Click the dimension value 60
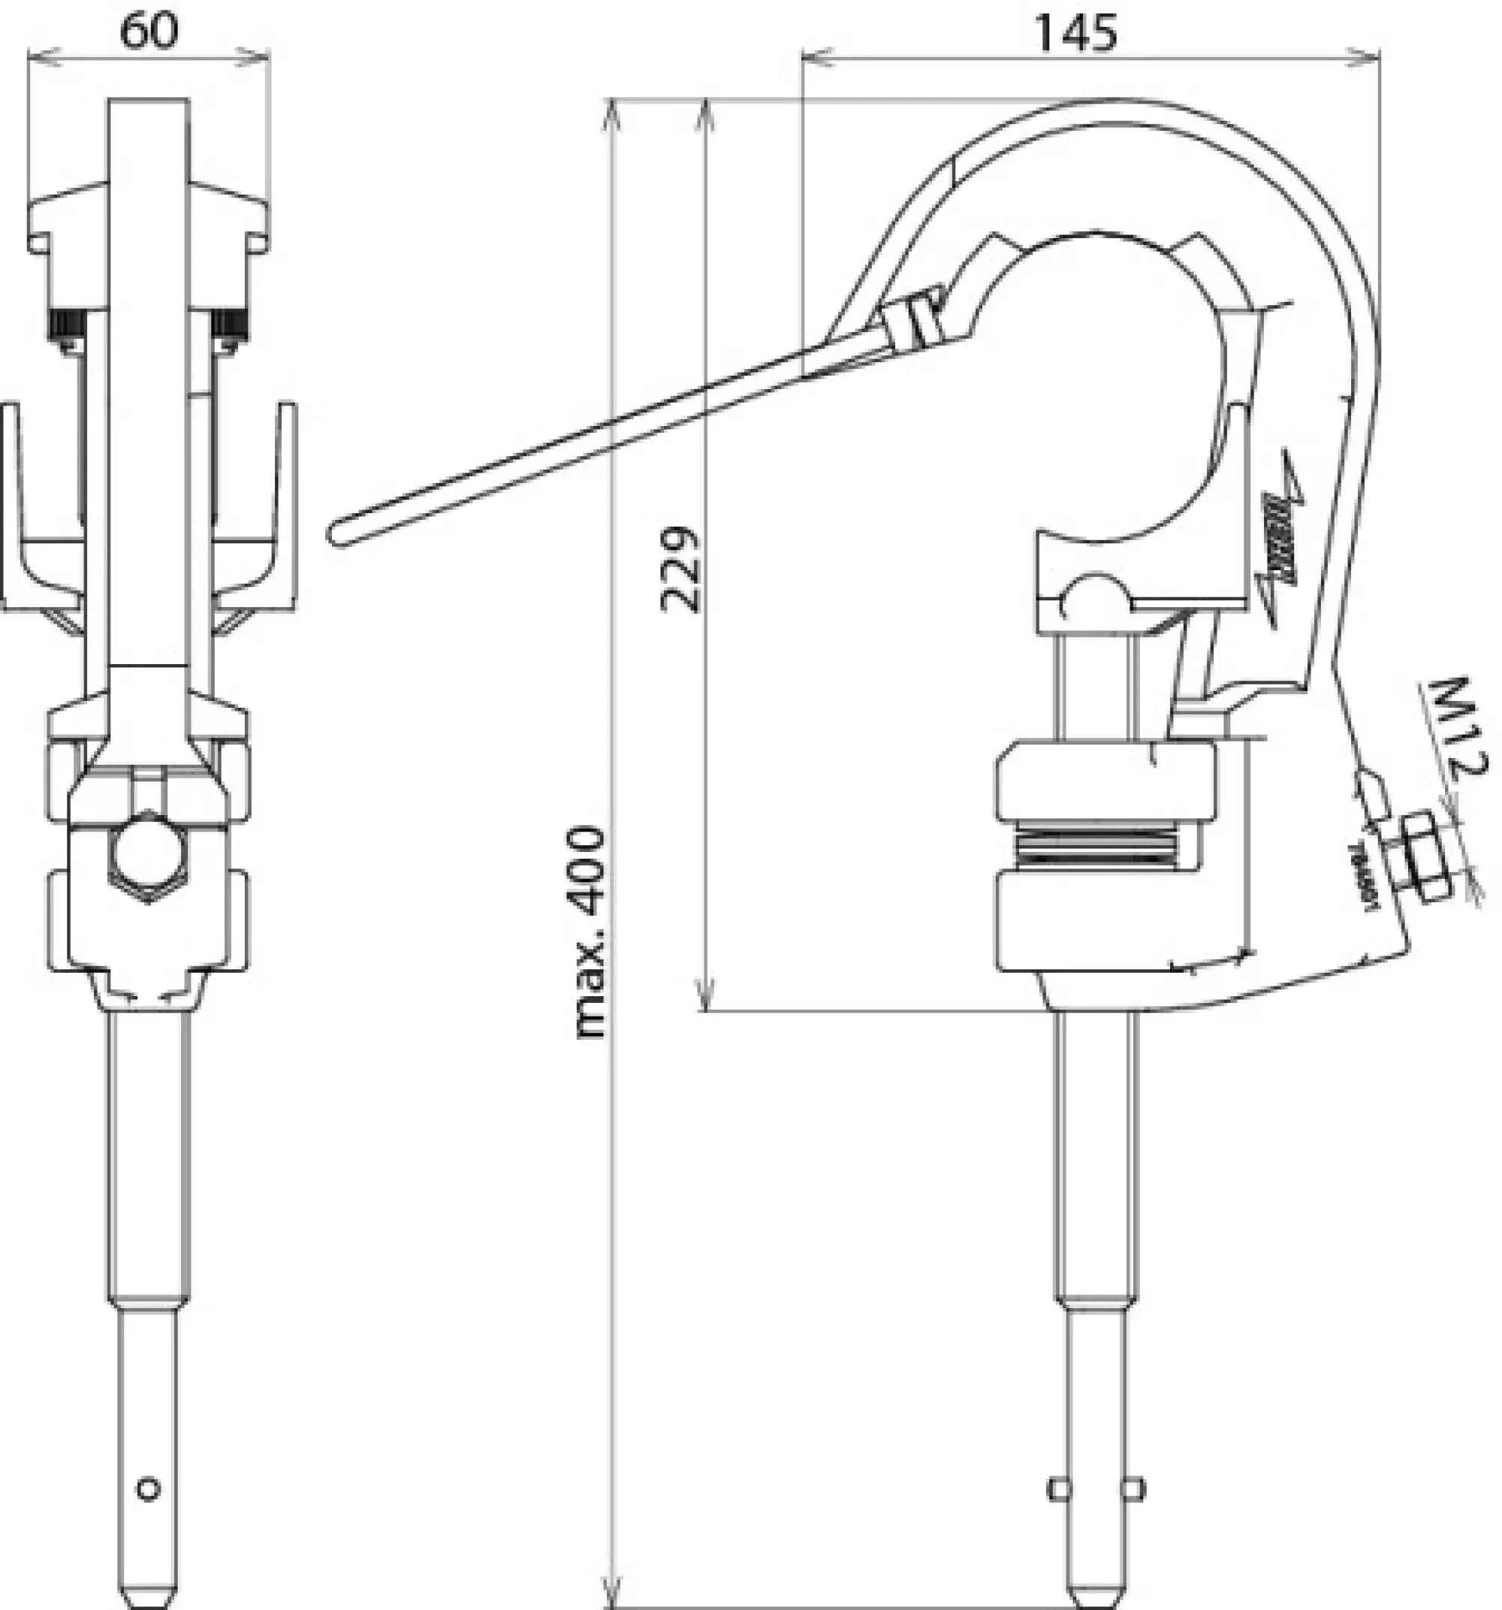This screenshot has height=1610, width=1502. pos(149,31)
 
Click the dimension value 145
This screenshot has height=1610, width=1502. pos(1076,32)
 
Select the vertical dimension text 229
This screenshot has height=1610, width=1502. pos(679,569)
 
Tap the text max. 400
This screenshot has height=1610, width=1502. pos(590,932)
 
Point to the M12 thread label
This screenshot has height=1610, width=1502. pos(1454,726)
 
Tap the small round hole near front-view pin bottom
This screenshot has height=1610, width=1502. pos(148,1488)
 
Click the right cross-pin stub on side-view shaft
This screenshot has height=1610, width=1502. pos(1136,1489)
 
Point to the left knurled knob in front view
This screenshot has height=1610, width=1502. pos(67,325)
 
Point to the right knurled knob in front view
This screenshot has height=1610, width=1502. pos(228,325)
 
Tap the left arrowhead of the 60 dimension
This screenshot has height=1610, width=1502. pos(41,55)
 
